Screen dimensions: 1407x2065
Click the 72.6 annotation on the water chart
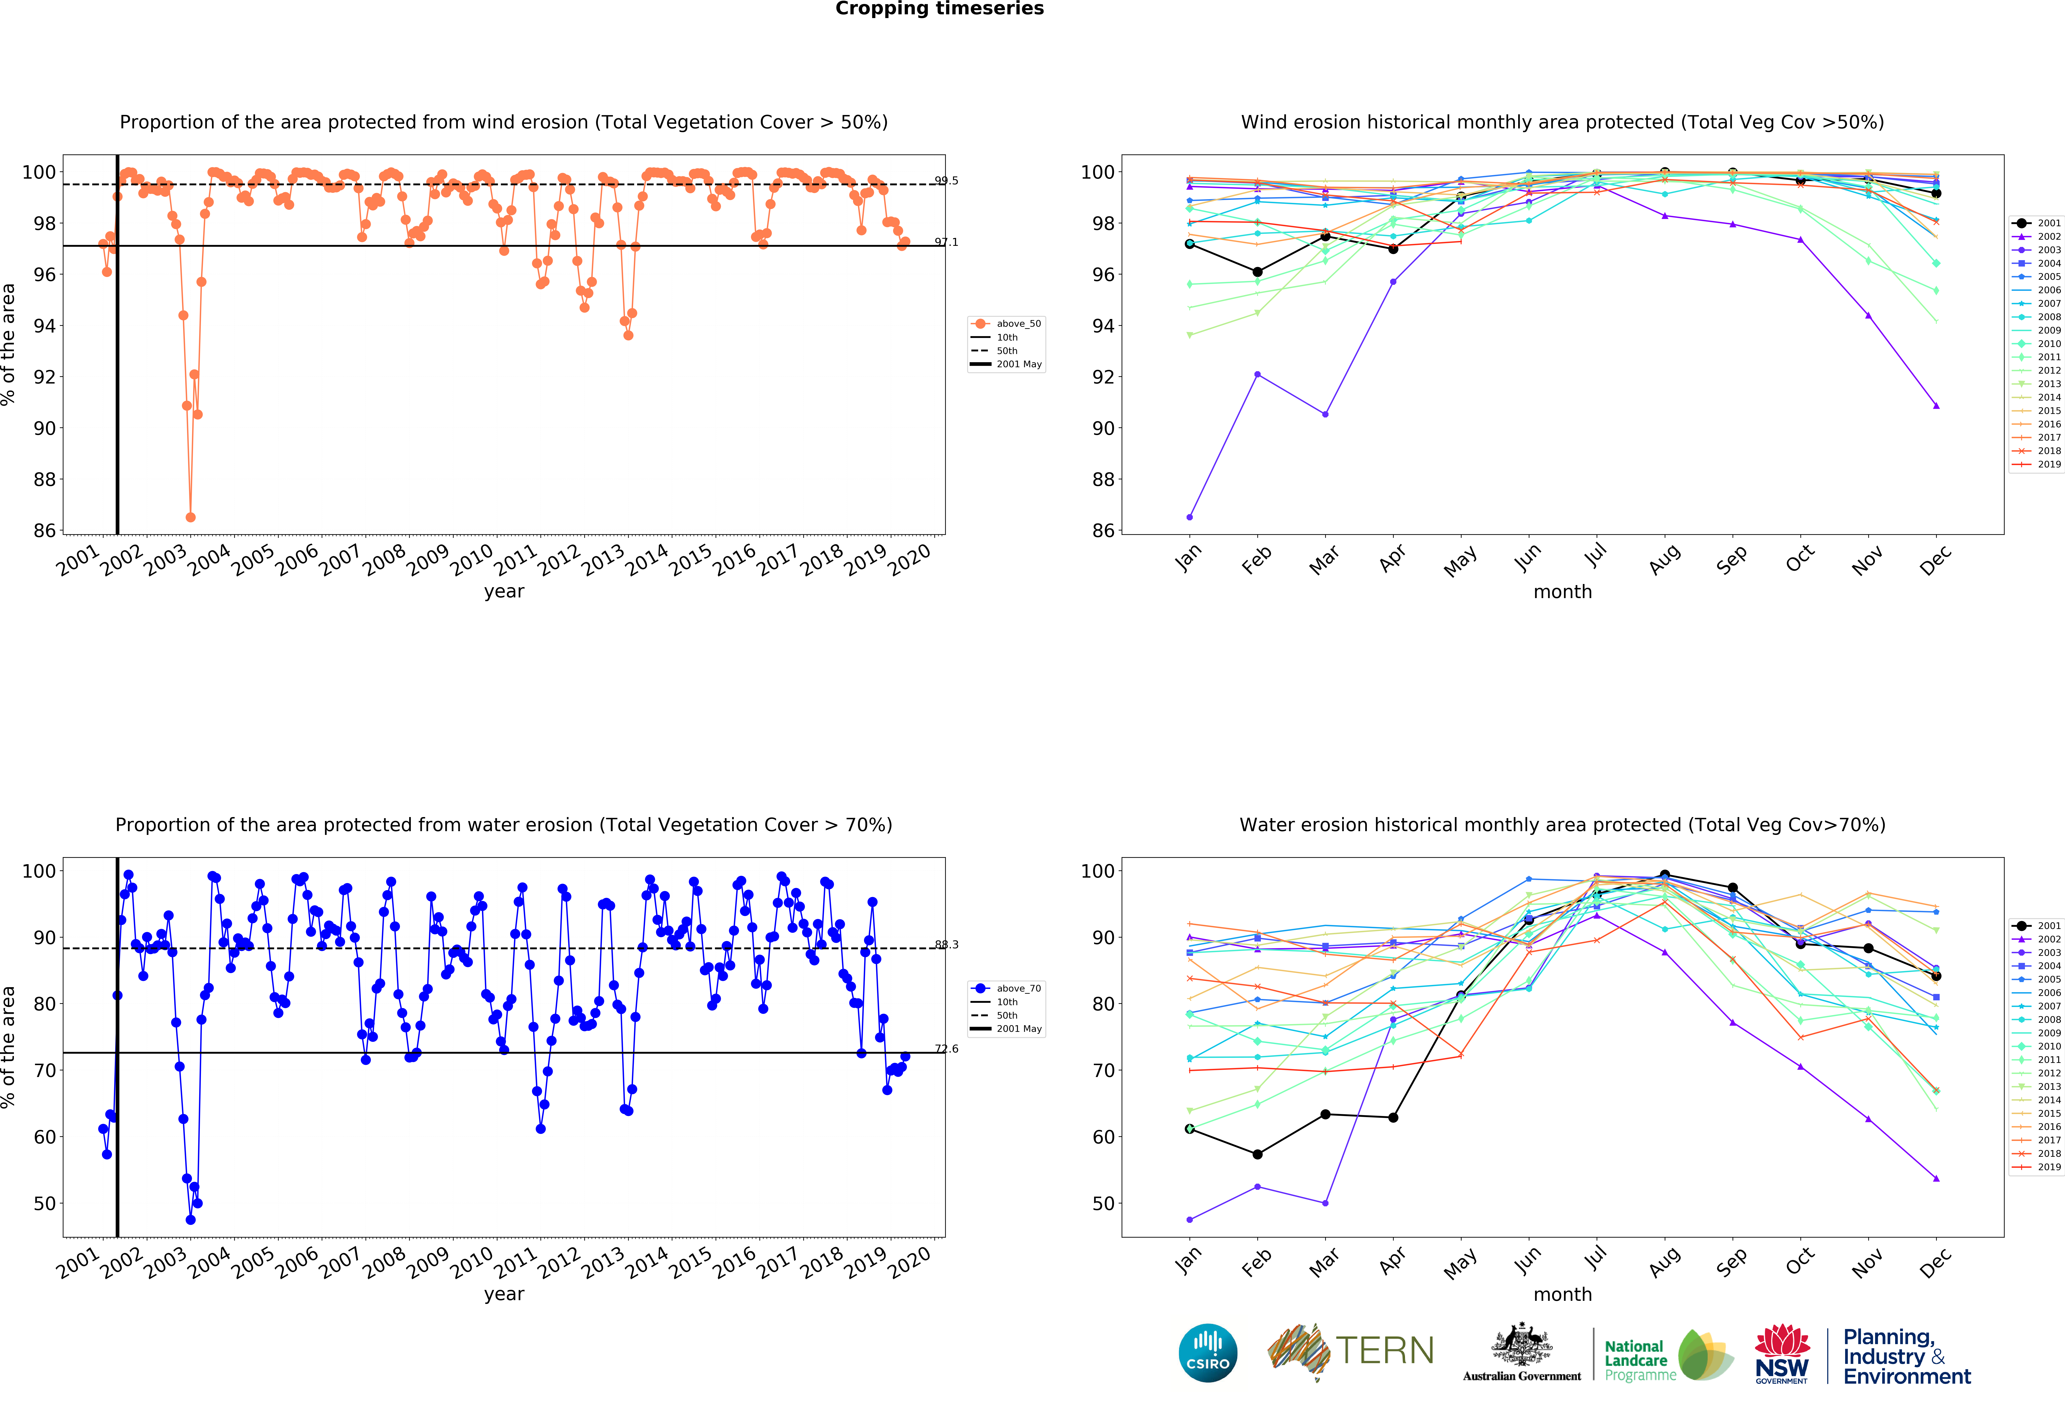click(946, 1049)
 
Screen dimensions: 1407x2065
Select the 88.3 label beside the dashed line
click(946, 944)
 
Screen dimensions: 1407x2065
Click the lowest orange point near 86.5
click(190, 517)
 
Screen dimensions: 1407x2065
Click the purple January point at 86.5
click(1190, 517)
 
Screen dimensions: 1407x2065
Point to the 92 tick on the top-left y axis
click(45, 377)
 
